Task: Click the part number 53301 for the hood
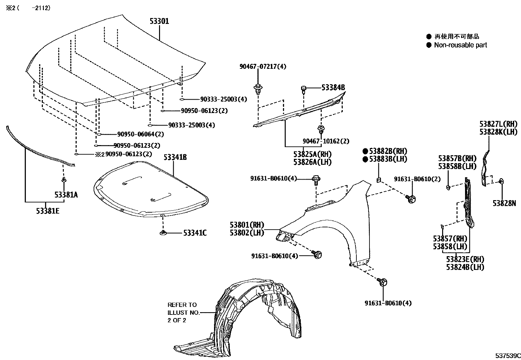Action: tap(159, 21)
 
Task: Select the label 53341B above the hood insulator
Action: tap(175, 158)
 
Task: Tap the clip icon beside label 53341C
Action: tap(162, 233)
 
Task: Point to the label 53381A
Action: tap(66, 195)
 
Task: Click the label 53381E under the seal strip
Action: tap(48, 211)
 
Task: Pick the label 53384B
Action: tap(333, 87)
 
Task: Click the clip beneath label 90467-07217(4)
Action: tap(258, 88)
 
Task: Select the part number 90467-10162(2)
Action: tap(326, 141)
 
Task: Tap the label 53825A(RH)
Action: tap(313, 154)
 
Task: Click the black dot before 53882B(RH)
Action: tap(365, 151)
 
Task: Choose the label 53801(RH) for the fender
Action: tap(247, 225)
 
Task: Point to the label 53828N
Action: tap(504, 203)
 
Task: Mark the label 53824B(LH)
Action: tap(465, 267)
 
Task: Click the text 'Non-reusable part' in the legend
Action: tap(460, 45)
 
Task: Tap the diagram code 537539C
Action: tap(508, 355)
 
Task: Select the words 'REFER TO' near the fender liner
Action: tap(182, 305)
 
